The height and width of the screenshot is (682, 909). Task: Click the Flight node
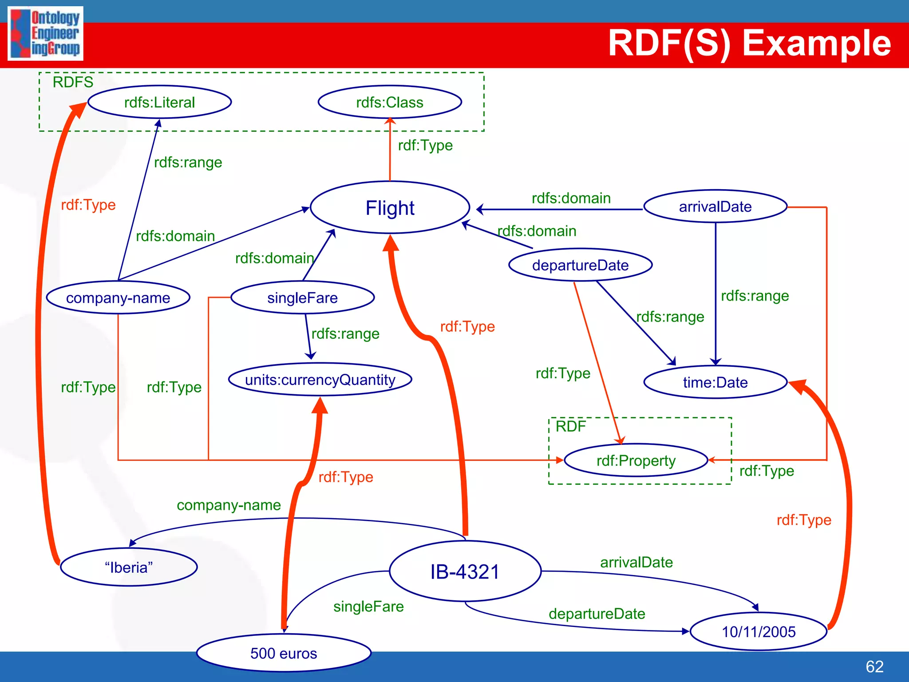pos(390,207)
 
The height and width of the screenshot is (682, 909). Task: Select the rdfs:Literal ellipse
pos(159,102)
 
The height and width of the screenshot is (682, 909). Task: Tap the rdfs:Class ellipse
pos(390,102)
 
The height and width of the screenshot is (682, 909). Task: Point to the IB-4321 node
pos(465,571)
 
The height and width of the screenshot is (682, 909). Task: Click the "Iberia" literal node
pos(129,567)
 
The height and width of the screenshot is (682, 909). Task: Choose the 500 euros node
pos(284,653)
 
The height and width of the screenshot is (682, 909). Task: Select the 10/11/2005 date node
pos(759,631)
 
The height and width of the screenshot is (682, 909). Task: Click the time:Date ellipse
pos(715,382)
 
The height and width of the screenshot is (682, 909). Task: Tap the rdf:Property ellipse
pos(636,460)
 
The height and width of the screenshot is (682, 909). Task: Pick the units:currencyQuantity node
pos(320,380)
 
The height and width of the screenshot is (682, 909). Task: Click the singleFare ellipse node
pos(302,297)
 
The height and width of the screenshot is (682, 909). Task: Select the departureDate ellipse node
pos(580,265)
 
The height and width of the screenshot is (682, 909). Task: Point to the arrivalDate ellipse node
pos(715,206)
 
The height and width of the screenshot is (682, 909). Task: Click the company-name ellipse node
pos(118,297)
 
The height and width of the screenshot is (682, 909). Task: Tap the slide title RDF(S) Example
pos(749,43)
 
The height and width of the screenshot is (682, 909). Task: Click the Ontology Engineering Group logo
pos(45,33)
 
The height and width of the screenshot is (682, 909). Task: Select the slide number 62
pos(874,666)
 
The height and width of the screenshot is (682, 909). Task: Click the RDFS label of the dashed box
pos(73,82)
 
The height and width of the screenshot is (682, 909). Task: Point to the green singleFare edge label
pos(368,607)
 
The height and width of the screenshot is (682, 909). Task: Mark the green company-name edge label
pos(229,505)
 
